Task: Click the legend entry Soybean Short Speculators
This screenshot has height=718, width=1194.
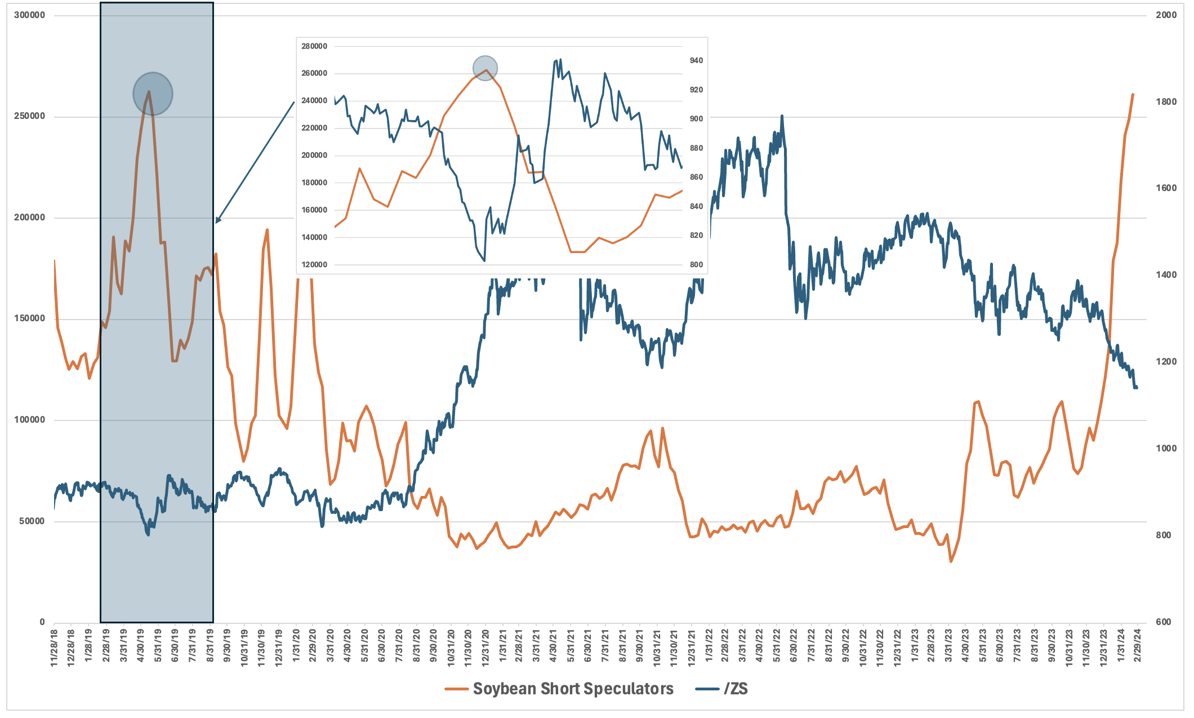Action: coord(573,689)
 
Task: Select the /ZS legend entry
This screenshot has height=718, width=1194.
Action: coord(736,689)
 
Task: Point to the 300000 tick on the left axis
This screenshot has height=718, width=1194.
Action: coord(29,15)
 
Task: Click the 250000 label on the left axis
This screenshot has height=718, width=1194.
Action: coord(29,116)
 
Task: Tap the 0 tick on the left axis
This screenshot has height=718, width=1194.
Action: coord(42,622)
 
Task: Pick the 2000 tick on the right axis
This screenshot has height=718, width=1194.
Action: coord(1166,15)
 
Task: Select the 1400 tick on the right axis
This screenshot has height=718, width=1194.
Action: coord(1166,275)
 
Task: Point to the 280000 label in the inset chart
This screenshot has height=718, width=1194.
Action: coord(314,46)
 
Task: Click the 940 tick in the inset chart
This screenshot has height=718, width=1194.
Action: coord(696,61)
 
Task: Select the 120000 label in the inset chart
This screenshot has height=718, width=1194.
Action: coord(314,264)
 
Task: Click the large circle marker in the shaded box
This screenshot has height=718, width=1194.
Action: coord(153,94)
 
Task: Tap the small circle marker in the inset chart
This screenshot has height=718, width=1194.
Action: coord(485,68)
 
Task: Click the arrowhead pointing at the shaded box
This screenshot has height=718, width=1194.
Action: coord(218,220)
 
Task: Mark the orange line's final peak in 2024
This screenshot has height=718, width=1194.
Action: coord(1133,95)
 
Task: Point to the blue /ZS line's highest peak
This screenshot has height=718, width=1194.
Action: coord(782,116)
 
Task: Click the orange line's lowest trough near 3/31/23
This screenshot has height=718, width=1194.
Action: coord(951,561)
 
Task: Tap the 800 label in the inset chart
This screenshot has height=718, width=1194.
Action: coord(696,264)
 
